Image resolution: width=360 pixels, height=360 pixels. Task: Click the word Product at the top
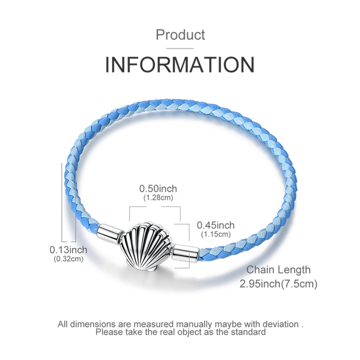tap(180, 34)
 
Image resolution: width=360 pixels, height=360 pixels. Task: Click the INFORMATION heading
tap(180, 64)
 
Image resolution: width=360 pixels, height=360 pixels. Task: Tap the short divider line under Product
tap(180, 48)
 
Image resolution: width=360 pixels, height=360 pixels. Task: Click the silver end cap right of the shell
tap(186, 254)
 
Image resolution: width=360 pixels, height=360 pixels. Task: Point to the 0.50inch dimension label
tap(158, 189)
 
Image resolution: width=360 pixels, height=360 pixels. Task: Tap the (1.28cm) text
tap(158, 197)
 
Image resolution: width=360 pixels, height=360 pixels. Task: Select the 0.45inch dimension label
tap(215, 225)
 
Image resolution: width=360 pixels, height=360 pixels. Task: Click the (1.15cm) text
tap(216, 234)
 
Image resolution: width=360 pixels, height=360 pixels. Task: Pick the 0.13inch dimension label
tap(68, 250)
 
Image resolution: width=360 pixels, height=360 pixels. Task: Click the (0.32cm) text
tap(68, 259)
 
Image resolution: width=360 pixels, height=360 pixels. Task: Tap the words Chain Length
tap(278, 270)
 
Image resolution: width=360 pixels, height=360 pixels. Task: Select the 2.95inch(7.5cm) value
tap(279, 284)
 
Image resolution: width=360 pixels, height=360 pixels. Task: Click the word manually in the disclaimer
tap(193, 324)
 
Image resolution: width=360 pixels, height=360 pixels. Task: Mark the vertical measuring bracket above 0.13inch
tap(68, 203)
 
